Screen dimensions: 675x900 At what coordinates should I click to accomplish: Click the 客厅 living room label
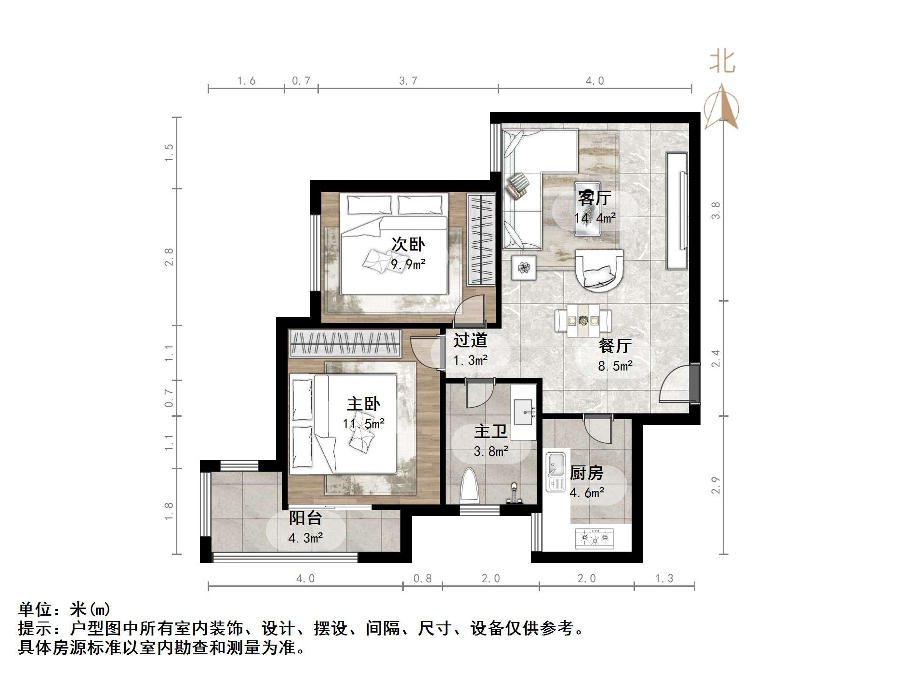point(595,198)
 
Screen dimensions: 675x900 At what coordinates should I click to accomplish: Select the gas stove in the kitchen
point(594,538)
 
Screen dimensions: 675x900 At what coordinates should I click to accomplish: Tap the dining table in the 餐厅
point(583,320)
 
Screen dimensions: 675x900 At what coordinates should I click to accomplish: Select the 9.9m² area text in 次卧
point(408,265)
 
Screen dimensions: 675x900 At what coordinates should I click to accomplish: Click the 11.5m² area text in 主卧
point(363,424)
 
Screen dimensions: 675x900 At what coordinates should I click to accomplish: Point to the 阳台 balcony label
point(305,518)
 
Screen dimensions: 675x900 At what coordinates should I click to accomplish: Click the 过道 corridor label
point(470,340)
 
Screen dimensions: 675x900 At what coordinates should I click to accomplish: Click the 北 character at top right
point(722,62)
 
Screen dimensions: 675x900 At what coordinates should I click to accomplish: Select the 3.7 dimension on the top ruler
point(408,81)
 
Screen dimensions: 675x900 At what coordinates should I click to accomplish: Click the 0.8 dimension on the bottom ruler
point(423,579)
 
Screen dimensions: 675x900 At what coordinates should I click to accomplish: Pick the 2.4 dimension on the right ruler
point(716,358)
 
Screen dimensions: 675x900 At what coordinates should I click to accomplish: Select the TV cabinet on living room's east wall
point(676,211)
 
